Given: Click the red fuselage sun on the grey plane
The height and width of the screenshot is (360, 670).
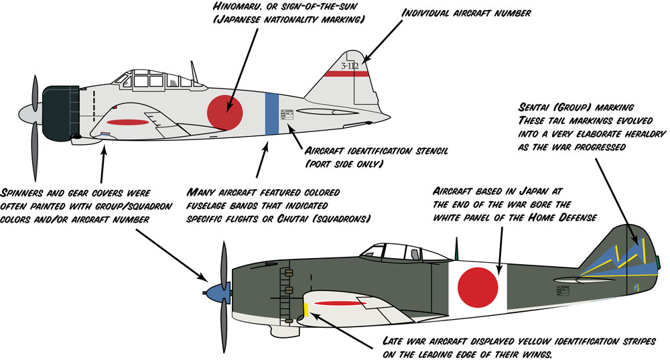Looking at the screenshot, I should coord(224,112).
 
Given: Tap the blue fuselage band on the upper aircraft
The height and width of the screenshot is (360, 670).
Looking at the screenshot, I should coord(271,112).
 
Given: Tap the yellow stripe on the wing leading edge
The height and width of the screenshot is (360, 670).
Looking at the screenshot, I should coord(306,310).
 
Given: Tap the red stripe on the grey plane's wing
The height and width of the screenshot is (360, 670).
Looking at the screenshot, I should coord(127,123).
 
